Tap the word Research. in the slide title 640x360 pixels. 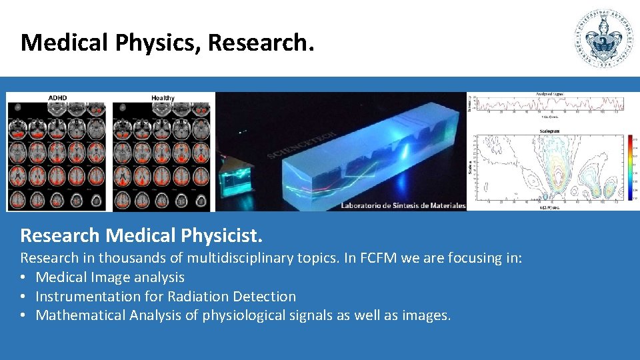[x=260, y=43]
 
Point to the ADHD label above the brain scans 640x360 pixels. [x=57, y=98]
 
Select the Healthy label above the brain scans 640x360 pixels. [x=163, y=98]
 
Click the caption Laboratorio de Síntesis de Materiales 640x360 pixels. [x=403, y=205]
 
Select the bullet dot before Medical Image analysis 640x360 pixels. [x=23, y=277]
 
